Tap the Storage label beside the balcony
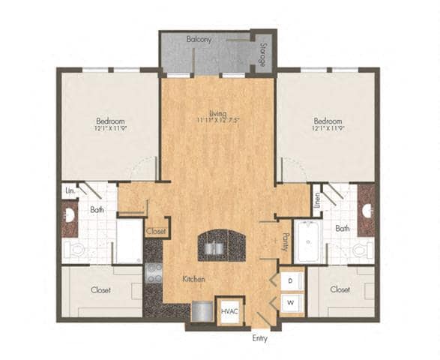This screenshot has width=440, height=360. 263,54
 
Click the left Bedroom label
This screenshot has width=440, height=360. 110,121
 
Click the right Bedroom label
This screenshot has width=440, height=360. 328,121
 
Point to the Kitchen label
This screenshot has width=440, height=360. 194,279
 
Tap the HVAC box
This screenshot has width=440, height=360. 229,310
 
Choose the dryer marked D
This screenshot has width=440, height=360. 291,280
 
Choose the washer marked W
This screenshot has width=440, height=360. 291,304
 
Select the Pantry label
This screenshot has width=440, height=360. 285,240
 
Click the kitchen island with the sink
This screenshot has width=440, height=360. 221,245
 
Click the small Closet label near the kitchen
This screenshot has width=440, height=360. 156,232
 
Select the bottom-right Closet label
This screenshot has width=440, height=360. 340,288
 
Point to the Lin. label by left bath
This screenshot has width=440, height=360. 69,192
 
